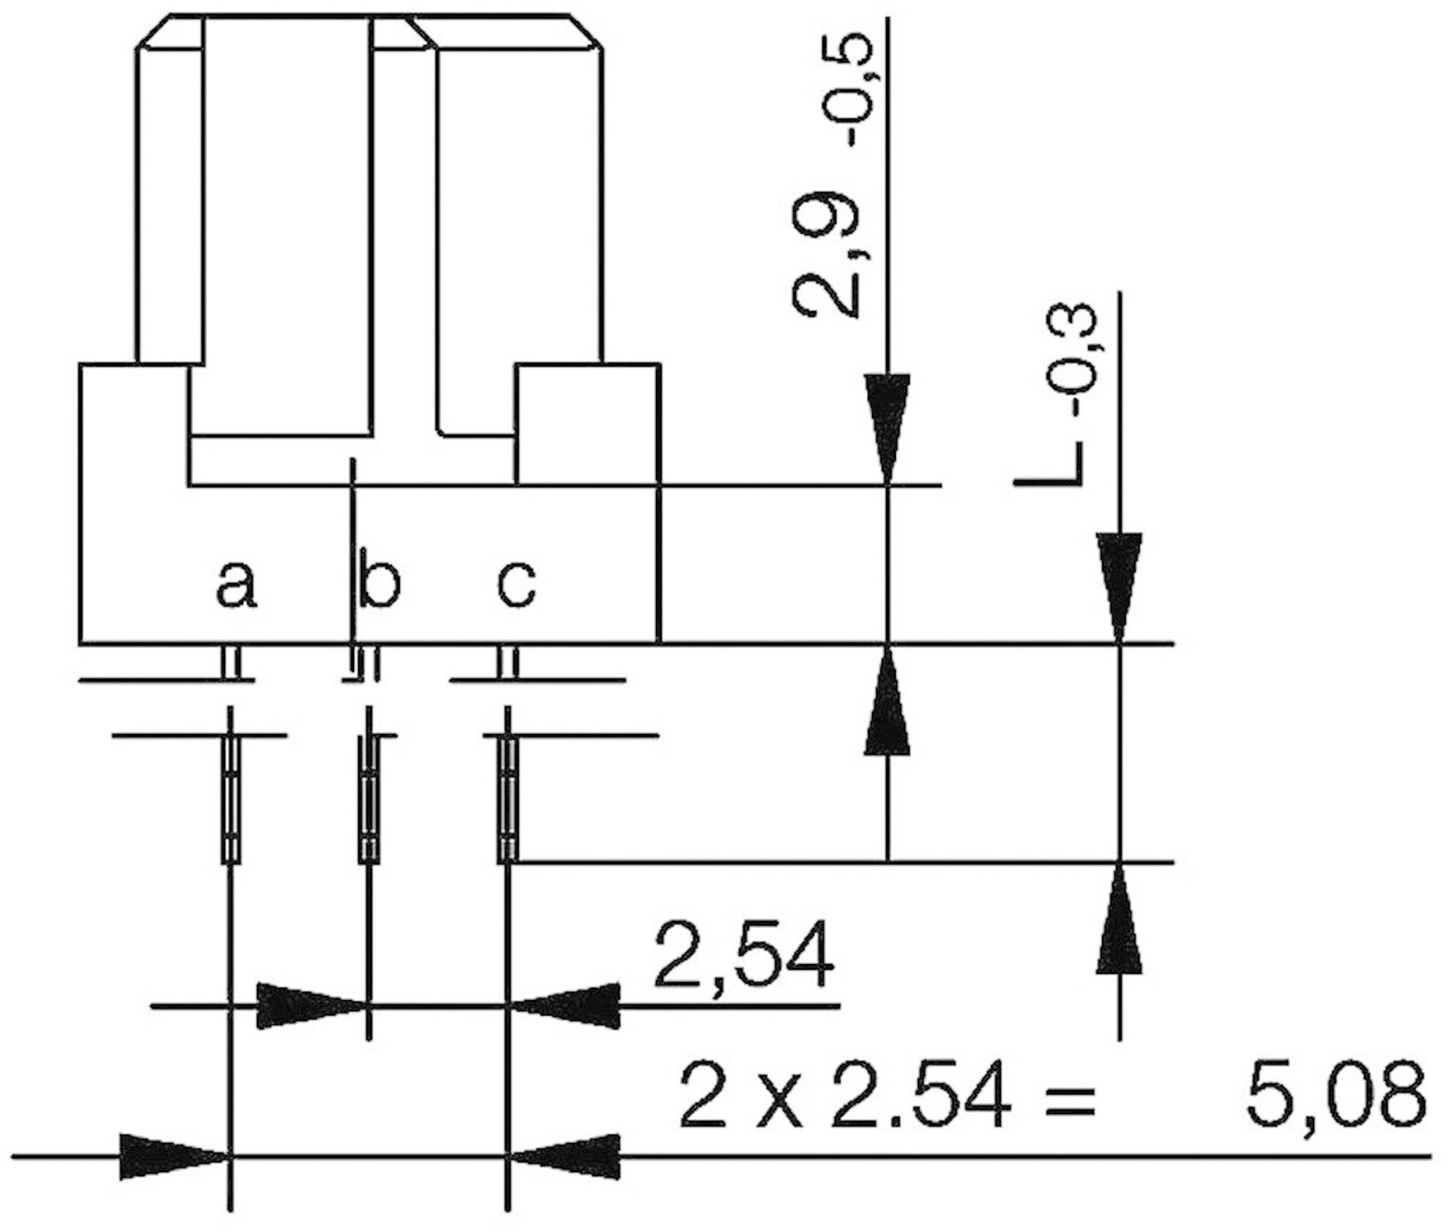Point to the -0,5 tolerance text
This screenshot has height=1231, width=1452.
point(855,92)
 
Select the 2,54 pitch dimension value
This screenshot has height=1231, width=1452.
point(744,957)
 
